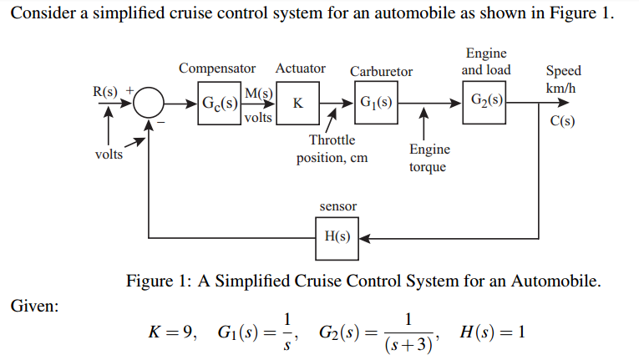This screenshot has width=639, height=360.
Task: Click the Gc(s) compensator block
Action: click(x=219, y=104)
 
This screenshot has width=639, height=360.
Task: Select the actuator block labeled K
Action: click(x=298, y=104)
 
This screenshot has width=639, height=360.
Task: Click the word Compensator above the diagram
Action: click(x=217, y=68)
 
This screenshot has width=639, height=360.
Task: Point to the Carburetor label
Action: click(x=381, y=72)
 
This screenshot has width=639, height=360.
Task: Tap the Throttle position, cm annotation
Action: click(x=332, y=149)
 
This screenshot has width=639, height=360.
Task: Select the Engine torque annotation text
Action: click(x=429, y=158)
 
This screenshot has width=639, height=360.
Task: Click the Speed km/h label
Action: click(x=562, y=79)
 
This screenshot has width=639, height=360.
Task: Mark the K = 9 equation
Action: click(x=171, y=332)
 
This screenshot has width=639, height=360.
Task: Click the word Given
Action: click(x=34, y=307)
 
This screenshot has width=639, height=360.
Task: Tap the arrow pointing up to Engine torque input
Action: click(x=425, y=123)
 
